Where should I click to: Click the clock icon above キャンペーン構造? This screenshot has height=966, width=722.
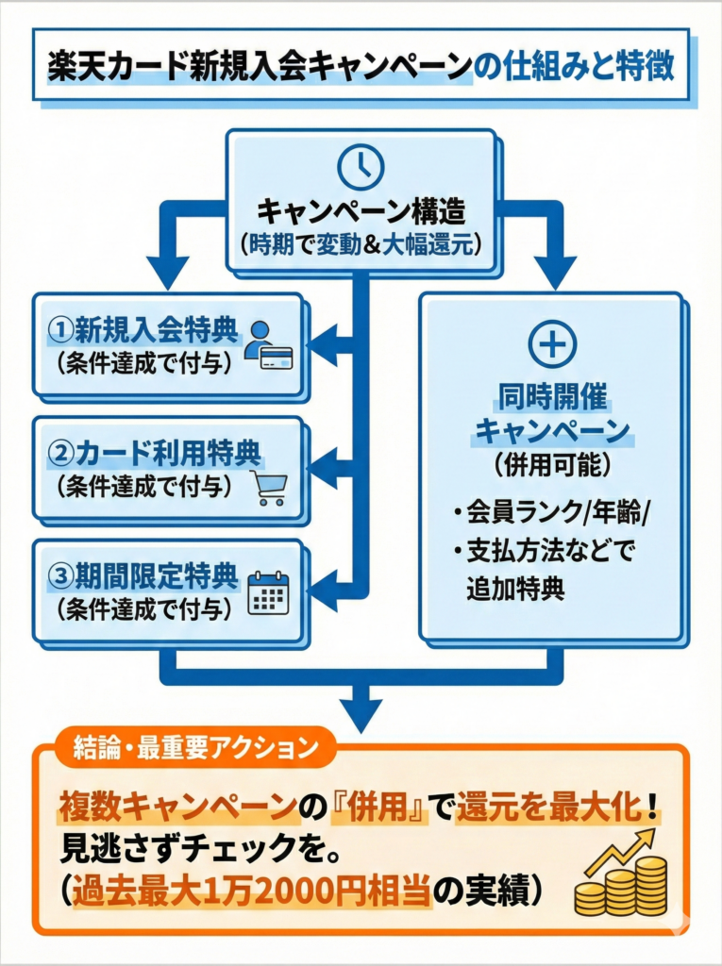tap(361, 168)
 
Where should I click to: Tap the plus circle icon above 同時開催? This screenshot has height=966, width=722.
tap(552, 346)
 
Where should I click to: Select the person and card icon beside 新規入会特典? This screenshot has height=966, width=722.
tap(268, 345)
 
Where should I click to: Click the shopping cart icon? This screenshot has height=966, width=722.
tap(268, 486)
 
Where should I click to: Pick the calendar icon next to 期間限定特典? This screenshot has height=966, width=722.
tap(268, 593)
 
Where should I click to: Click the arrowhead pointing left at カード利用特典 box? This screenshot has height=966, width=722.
tap(323, 465)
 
